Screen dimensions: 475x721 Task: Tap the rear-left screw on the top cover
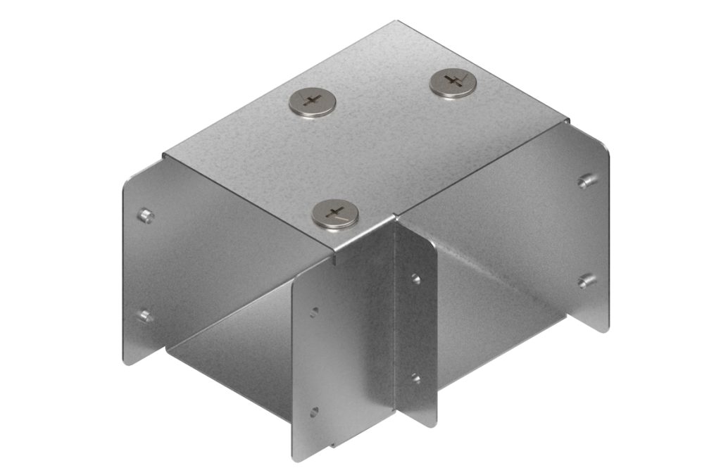point(312,102)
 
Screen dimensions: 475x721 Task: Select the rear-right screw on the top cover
point(453,82)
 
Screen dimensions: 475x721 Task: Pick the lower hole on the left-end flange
point(145,316)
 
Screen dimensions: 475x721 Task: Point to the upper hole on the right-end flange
point(584,182)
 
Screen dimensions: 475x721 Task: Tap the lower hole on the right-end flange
point(584,281)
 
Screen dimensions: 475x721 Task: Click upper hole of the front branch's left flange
point(314,310)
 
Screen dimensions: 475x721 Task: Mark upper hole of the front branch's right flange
point(416,279)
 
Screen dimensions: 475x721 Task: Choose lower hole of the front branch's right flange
point(415,378)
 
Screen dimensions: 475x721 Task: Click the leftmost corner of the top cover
point(163,153)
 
